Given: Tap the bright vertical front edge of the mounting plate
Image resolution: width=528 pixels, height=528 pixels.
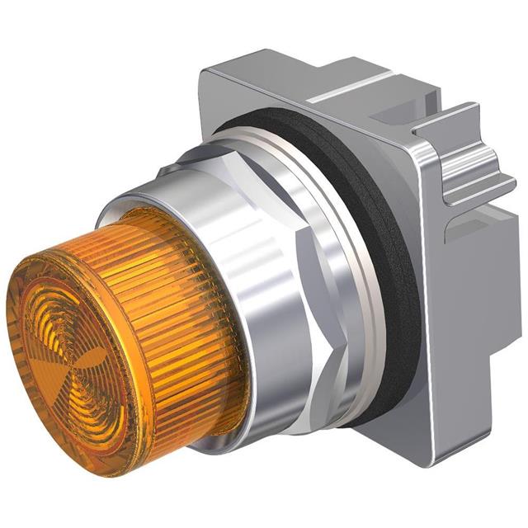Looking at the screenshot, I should tap(433, 330).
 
